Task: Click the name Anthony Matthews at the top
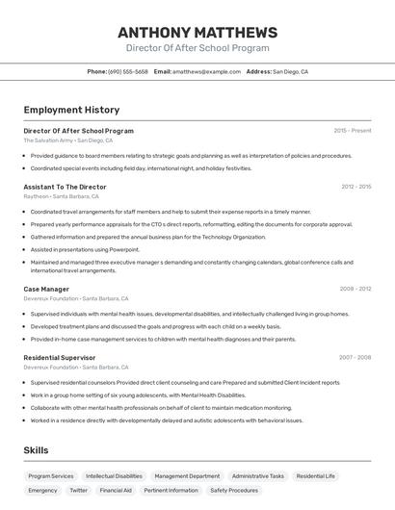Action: click(197, 32)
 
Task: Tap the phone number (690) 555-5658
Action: click(128, 71)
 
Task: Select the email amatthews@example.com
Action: click(206, 71)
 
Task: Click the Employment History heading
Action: click(71, 110)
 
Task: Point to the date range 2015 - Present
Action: click(353, 130)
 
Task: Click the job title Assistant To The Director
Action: click(65, 187)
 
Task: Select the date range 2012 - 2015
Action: click(355, 187)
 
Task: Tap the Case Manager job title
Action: click(46, 289)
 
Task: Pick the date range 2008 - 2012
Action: click(355, 289)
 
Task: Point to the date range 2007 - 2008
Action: click(355, 357)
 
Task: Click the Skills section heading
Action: click(37, 450)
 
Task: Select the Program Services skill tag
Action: click(51, 475)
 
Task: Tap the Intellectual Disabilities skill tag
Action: click(114, 475)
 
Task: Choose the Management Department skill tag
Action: click(187, 475)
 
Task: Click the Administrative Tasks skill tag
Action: click(257, 475)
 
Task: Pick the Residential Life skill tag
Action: click(316, 475)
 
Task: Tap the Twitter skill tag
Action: click(78, 490)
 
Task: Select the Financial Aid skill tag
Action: click(116, 490)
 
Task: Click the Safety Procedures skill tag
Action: click(234, 490)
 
